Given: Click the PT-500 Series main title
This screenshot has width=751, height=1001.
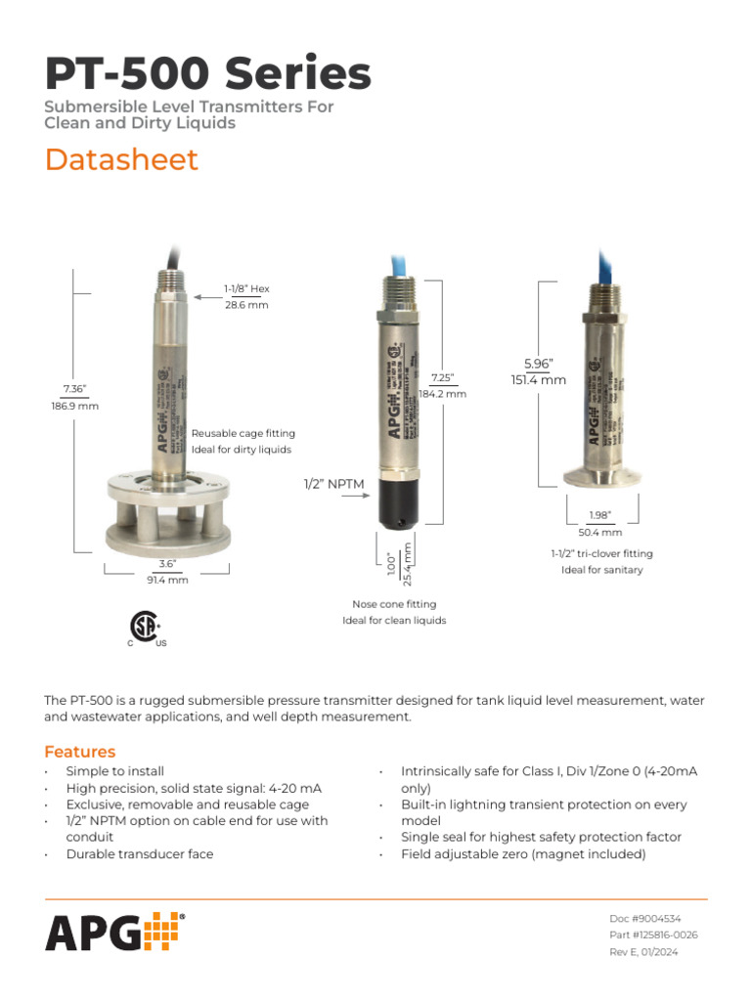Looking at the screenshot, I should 207,74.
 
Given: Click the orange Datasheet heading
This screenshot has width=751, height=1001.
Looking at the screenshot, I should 121,159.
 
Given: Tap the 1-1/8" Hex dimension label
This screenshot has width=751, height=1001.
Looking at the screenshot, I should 245,289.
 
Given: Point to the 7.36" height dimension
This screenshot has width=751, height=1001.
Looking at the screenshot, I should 74,389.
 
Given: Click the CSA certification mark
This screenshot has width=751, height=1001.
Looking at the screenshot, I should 145,627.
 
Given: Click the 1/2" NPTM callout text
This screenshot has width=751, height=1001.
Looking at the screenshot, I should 331,484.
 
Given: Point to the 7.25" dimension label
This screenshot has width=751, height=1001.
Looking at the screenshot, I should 442,377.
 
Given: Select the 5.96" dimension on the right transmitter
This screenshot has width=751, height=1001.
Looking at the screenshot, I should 538,364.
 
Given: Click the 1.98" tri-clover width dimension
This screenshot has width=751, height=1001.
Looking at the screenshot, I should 599,515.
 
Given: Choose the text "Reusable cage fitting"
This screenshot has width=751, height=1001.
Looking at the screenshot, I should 243,433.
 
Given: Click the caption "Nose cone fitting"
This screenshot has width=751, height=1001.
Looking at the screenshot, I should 394,604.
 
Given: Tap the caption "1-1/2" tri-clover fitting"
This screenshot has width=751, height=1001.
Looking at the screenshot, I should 601,553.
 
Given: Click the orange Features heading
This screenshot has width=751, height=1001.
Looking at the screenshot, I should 79,752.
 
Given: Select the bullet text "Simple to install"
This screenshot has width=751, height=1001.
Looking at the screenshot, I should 115,771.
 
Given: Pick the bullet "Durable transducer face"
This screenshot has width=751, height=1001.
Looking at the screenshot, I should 139,853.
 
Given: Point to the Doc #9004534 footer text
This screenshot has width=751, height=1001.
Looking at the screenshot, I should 644,919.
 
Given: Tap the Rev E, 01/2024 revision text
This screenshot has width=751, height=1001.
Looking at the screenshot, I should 643,952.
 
